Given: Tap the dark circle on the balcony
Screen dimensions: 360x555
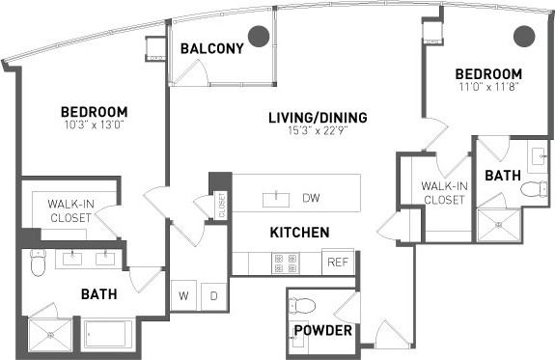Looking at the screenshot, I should coord(258,37).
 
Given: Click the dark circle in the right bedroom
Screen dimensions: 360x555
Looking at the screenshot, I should coord(523,37).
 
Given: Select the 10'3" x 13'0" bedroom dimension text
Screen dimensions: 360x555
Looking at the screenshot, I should coord(93,125).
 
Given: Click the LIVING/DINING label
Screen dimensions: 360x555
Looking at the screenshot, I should coord(318,118).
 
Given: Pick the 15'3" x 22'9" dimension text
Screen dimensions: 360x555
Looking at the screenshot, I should coord(318,131).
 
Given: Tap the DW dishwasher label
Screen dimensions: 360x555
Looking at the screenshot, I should coord(311,199).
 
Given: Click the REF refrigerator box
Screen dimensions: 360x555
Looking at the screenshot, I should coord(338,263).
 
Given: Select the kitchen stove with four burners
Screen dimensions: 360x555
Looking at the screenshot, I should coord(286,263).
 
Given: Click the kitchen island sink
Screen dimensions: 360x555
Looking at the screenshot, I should coord(276,199).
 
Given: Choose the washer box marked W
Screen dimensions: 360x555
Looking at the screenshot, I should coord(184,296).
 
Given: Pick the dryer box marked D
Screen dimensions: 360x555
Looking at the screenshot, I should coord(213,296).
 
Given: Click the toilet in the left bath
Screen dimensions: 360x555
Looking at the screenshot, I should coord(39,262).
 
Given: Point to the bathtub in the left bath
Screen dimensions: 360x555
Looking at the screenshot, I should coord(112,334).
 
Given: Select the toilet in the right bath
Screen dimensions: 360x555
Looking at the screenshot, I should coord(534,189).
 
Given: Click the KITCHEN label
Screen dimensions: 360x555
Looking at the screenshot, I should coord(299,233).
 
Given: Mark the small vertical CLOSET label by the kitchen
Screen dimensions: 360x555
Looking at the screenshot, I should coord(221,204).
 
